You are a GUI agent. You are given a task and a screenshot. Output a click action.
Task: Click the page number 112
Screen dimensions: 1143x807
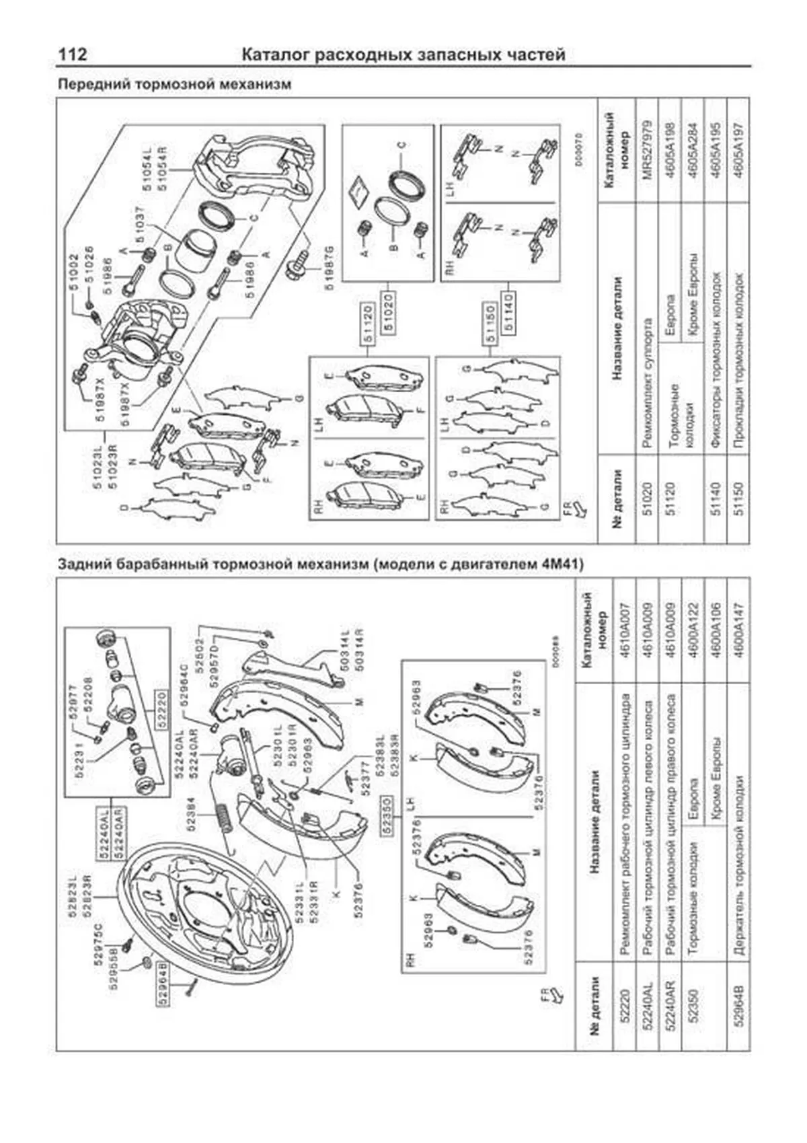(x=73, y=54)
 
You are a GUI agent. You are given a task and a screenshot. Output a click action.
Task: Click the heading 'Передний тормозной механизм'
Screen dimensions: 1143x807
(x=175, y=85)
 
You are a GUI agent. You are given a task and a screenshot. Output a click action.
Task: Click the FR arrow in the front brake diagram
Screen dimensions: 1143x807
(x=573, y=508)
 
